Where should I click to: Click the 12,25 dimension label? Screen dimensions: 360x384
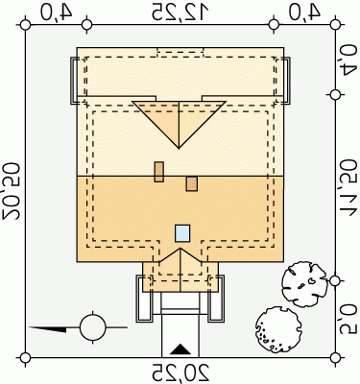coord(180,12)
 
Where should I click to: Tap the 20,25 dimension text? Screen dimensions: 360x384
coord(180,372)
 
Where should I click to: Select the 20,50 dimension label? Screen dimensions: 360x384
coord(12,191)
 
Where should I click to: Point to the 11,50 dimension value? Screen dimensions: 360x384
coord(348,187)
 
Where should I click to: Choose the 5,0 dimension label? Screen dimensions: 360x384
coord(348,319)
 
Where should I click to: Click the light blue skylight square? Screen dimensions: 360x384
coord(182,233)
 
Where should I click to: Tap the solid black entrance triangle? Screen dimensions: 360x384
coord(180,349)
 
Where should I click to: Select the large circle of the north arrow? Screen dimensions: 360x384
coord(92,327)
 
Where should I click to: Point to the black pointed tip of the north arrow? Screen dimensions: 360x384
coord(30,327)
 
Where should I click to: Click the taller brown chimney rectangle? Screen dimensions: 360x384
coord(159,172)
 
